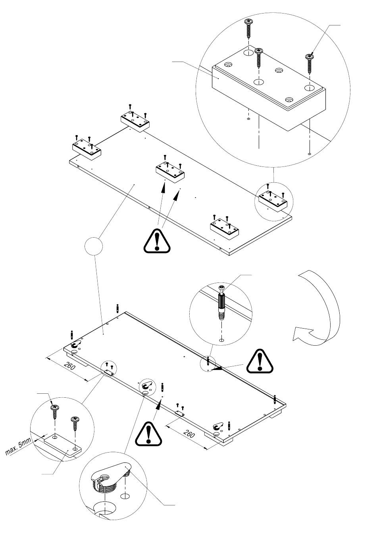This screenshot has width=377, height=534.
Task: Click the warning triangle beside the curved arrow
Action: pos(260,361)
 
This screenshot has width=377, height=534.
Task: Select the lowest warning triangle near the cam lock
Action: pos(148,434)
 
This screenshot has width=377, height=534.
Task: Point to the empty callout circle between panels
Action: pos(94,246)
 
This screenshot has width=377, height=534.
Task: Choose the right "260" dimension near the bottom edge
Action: pos(190,434)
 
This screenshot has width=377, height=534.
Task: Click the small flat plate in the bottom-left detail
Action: pos(63,446)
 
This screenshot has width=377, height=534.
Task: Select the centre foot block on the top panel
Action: pos(170,172)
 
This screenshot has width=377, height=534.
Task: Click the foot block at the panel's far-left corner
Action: pos(87,149)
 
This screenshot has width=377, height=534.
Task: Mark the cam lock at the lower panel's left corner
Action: pos(75,345)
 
